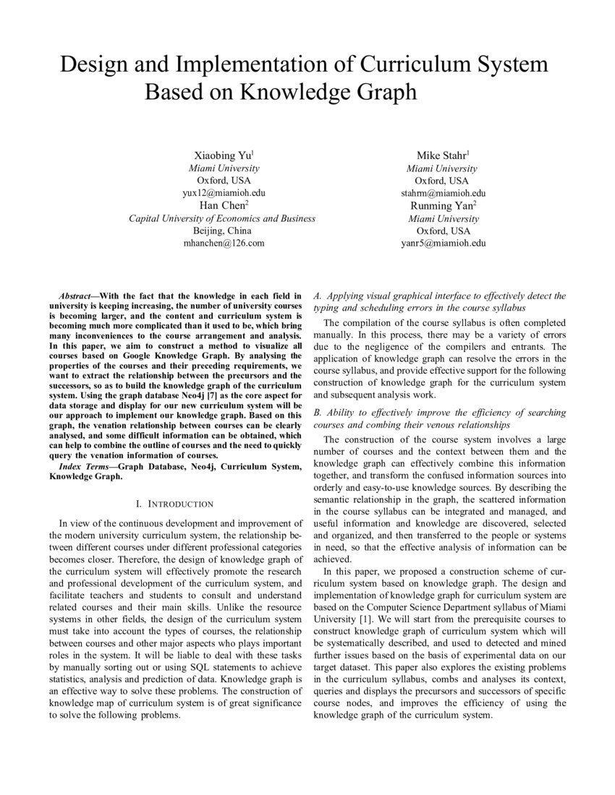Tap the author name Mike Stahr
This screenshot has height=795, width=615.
(442, 155)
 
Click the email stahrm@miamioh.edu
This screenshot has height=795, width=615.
(443, 193)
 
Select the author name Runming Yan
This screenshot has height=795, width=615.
(443, 206)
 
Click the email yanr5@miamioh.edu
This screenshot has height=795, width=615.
(443, 243)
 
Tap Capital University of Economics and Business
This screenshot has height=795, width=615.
(222, 218)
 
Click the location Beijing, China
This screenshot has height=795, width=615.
(222, 231)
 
